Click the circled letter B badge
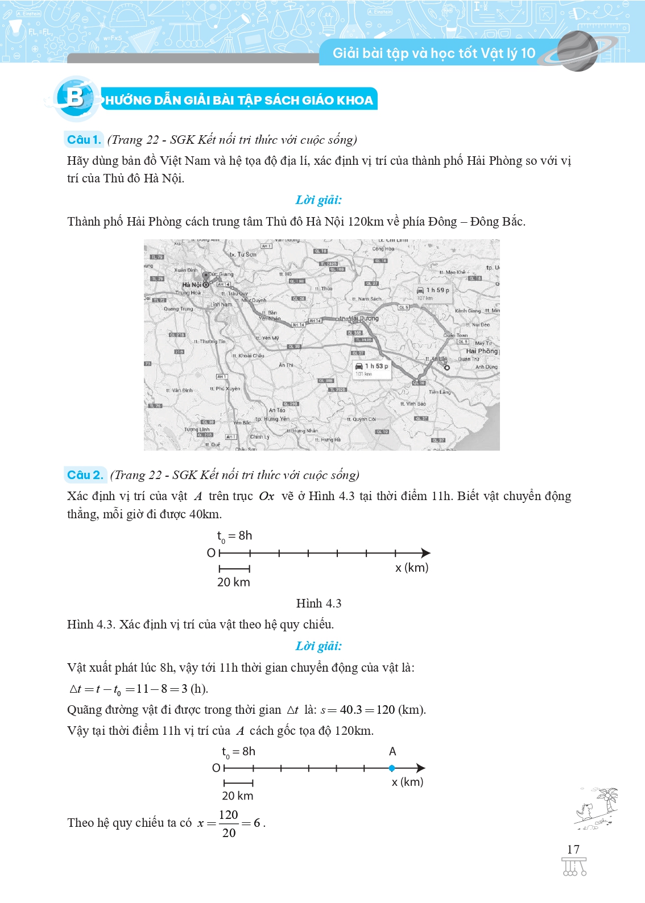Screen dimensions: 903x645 click(x=75, y=98)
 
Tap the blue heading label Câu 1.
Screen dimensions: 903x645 click(x=84, y=140)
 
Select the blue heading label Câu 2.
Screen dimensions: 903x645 click(x=85, y=475)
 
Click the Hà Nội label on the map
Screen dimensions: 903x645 click(x=192, y=285)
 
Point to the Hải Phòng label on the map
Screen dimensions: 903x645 click(x=481, y=351)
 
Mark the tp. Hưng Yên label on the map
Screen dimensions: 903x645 click(x=273, y=419)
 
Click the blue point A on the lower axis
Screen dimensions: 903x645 click(x=392, y=768)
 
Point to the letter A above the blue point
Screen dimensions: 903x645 click(x=392, y=752)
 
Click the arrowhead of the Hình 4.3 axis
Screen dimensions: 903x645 click(x=425, y=553)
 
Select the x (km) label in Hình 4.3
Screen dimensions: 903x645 click(x=412, y=568)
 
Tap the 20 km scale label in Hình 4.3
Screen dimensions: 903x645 click(x=234, y=582)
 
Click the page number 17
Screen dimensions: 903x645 click(x=573, y=850)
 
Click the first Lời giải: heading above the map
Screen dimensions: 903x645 click(x=319, y=200)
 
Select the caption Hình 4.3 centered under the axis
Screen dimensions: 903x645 click(x=319, y=604)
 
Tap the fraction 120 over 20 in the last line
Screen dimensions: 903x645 click(x=229, y=823)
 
